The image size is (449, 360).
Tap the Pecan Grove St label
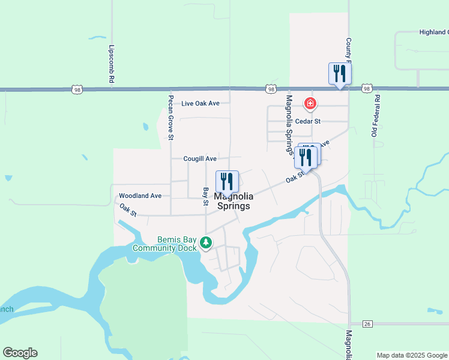click(x=171, y=118)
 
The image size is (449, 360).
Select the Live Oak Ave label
click(x=200, y=103)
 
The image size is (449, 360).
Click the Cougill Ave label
click(x=200, y=159)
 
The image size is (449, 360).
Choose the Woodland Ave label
click(x=140, y=196)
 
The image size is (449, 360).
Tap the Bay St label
click(x=205, y=196)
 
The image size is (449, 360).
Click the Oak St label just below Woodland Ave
click(x=128, y=210)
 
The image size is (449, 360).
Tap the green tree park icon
click(x=206, y=243)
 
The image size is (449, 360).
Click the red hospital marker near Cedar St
click(x=310, y=104)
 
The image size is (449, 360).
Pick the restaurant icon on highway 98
click(x=340, y=74)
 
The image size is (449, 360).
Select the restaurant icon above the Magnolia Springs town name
click(x=227, y=181)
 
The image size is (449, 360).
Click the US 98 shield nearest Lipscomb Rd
click(x=77, y=89)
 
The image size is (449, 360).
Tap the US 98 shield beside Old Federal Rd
click(x=366, y=89)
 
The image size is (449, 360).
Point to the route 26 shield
click(x=367, y=324)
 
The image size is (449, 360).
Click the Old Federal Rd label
click(x=376, y=115)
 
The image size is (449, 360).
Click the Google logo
click(x=20, y=353)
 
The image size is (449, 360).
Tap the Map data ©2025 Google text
click(x=412, y=355)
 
